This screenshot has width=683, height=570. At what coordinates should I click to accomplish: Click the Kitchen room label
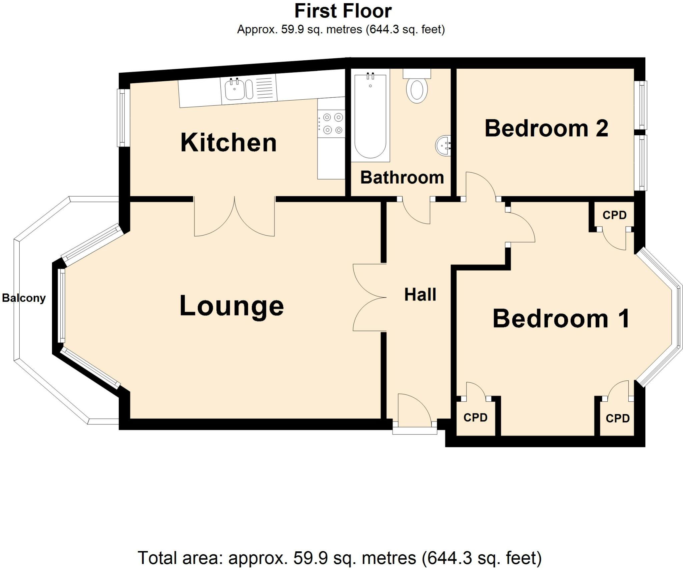228,143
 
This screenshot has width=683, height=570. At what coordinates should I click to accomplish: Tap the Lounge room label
231,306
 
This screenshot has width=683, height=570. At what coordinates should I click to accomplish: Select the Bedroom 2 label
546,128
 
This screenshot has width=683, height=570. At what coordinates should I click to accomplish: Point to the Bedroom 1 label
561,319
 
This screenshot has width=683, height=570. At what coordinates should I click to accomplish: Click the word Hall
420,295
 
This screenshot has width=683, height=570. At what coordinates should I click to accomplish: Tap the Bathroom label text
402,178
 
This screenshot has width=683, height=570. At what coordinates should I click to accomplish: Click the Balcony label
24,298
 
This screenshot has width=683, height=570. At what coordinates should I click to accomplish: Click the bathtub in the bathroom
370,117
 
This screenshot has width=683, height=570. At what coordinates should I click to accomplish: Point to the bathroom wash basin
443,145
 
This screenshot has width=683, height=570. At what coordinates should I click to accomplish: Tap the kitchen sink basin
234,89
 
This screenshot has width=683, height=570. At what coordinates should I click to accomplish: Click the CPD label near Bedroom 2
614,215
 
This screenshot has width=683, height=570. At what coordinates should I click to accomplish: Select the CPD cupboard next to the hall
475,417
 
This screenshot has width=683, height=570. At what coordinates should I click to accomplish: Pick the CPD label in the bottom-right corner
617,418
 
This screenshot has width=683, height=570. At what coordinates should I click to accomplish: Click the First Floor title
343,11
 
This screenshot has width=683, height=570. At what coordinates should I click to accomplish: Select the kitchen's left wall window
123,118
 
